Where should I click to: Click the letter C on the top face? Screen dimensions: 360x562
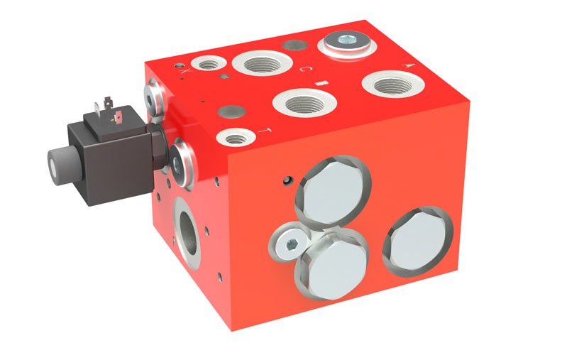click(303, 69)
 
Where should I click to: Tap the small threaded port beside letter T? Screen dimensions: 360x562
click(235, 137)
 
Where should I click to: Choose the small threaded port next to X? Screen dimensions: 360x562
click(208, 65)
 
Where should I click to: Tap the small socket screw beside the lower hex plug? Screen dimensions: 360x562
click(290, 245)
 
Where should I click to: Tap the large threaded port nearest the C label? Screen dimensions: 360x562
click(258, 64)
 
